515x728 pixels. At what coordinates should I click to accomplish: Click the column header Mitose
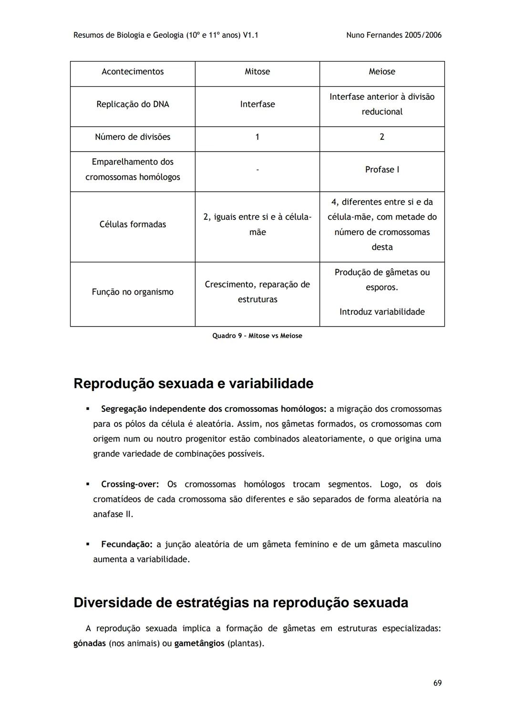click(x=257, y=72)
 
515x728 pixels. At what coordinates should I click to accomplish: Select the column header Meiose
click(x=381, y=72)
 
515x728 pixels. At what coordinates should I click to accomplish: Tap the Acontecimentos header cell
click(x=133, y=72)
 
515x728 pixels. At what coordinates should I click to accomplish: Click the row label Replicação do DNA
click(x=133, y=104)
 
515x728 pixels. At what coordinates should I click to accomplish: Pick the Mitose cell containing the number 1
click(x=257, y=137)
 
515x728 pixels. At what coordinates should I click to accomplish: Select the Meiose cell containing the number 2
click(x=381, y=137)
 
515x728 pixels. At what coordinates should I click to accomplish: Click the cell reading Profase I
click(x=381, y=170)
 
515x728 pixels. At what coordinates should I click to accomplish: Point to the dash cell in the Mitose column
click(x=257, y=170)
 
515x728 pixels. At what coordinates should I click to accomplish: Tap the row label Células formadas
click(x=133, y=225)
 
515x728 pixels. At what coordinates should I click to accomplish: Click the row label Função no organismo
click(x=133, y=292)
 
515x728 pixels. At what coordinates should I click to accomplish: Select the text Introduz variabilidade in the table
click(x=381, y=312)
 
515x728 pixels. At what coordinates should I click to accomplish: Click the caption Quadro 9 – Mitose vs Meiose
click(x=257, y=336)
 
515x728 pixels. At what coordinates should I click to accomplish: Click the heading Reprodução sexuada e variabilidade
click(x=193, y=384)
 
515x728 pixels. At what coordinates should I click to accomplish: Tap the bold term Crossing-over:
click(x=130, y=484)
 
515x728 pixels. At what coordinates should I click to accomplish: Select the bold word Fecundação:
click(x=127, y=544)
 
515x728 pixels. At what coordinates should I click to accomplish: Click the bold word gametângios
click(x=199, y=644)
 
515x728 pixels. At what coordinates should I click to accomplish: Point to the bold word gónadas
click(x=90, y=644)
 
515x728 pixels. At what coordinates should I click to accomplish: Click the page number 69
click(x=437, y=683)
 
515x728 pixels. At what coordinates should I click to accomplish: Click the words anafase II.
click(x=113, y=514)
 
